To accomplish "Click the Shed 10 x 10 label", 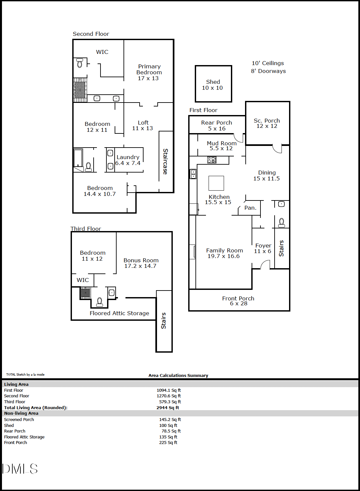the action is tap(212, 85).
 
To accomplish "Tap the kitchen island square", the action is tap(216, 183).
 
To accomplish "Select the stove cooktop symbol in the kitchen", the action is tap(212, 160).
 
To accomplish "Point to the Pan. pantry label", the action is tap(250, 208).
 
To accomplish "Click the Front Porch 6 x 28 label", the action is tap(238, 301).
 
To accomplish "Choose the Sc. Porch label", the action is tap(267, 121).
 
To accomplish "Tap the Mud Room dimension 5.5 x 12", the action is tap(221, 149).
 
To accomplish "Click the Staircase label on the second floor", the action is tap(166, 162).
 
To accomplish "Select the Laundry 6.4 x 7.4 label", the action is tap(128, 160).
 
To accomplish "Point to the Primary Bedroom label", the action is tap(149, 69).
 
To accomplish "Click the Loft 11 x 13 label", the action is tap(143, 126).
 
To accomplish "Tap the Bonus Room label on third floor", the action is tap(141, 260).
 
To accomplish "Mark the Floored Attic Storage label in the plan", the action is tap(120, 313).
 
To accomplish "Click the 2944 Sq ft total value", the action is tap(168, 408).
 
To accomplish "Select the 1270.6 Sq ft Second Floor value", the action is tap(169, 396).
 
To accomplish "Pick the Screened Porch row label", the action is tap(19, 419).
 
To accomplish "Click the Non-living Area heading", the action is tap(21, 413).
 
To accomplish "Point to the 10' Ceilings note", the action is tap(268, 63).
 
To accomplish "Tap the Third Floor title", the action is tap(86, 229).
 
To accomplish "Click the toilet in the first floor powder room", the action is tap(281, 223).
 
